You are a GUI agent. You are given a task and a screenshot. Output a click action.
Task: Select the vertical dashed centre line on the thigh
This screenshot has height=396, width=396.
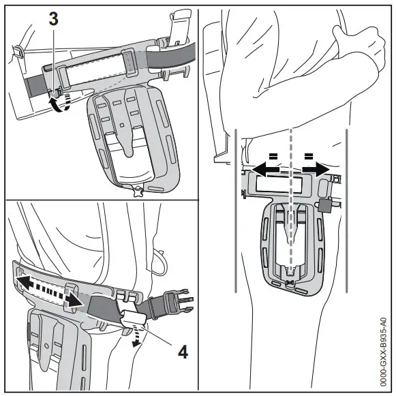(x=292, y=204)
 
